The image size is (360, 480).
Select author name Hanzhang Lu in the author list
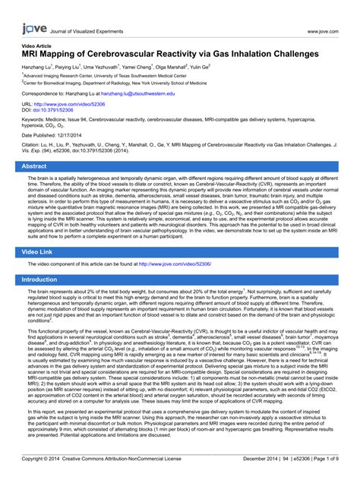click(x=38, y=68)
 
